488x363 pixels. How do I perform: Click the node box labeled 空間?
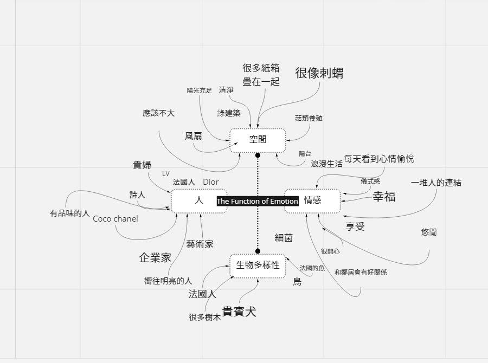pos(258,140)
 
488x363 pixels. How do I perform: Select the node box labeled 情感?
pos(312,200)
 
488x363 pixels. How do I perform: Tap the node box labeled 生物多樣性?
pos(258,265)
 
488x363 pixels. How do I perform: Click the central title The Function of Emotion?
pos(258,202)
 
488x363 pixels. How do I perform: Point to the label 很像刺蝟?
pos(319,73)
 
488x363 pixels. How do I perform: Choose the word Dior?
pos(211,182)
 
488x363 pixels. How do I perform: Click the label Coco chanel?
pos(115,219)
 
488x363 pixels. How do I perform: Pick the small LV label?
pos(166,174)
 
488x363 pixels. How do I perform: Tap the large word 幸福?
pos(384,197)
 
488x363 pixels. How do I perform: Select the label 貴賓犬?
pos(239,312)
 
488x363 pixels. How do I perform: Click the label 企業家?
pos(155,258)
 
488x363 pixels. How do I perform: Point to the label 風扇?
pos(194,136)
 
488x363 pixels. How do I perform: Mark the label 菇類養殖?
pos(309,118)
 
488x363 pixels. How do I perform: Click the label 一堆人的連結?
pos(436,183)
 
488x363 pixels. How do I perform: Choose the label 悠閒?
pos(428,232)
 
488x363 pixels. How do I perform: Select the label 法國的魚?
pos(312,268)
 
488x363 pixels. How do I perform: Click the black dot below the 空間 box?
pos(258,155)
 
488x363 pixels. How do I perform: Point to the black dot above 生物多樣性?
pos(258,251)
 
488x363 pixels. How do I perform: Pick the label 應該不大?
pos(159,113)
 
